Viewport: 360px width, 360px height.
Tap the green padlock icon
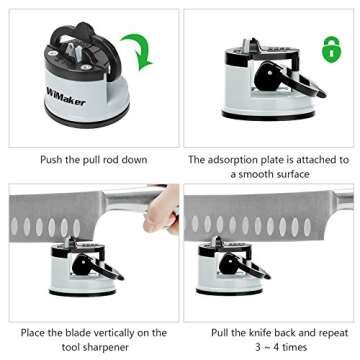tap(329, 47)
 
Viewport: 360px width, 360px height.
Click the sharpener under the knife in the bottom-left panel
tap(85, 271)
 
